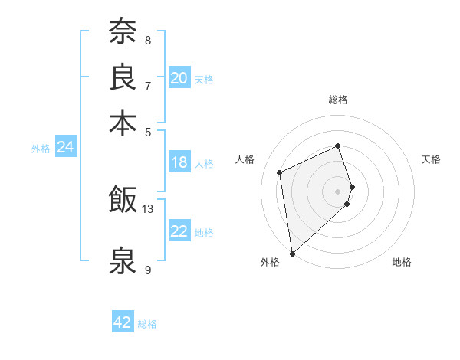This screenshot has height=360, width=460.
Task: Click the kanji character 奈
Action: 123,31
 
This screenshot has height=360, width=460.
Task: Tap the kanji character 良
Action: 123,77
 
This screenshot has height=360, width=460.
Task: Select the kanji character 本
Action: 123,122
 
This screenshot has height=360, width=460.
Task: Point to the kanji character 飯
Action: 123,200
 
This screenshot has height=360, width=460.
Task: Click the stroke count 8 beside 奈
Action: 147,40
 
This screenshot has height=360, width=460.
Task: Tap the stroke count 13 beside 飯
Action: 148,208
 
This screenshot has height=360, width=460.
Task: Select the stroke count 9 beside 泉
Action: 147,270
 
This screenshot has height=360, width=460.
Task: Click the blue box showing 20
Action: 179,78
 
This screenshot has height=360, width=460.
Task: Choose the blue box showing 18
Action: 179,162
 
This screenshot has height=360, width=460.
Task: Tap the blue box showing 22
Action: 179,231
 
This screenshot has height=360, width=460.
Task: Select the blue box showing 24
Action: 65,147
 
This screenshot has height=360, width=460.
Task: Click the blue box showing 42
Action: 123,322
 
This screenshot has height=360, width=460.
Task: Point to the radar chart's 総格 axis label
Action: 338,100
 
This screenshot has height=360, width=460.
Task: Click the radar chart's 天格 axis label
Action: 431,159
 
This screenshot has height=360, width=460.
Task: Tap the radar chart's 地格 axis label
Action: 402,262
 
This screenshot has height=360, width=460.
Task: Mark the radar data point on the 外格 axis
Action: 292,254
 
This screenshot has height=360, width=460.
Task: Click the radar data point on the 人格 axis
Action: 280,172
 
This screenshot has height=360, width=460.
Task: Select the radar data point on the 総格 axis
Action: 338,146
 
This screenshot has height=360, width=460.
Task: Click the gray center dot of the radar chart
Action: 338,191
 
